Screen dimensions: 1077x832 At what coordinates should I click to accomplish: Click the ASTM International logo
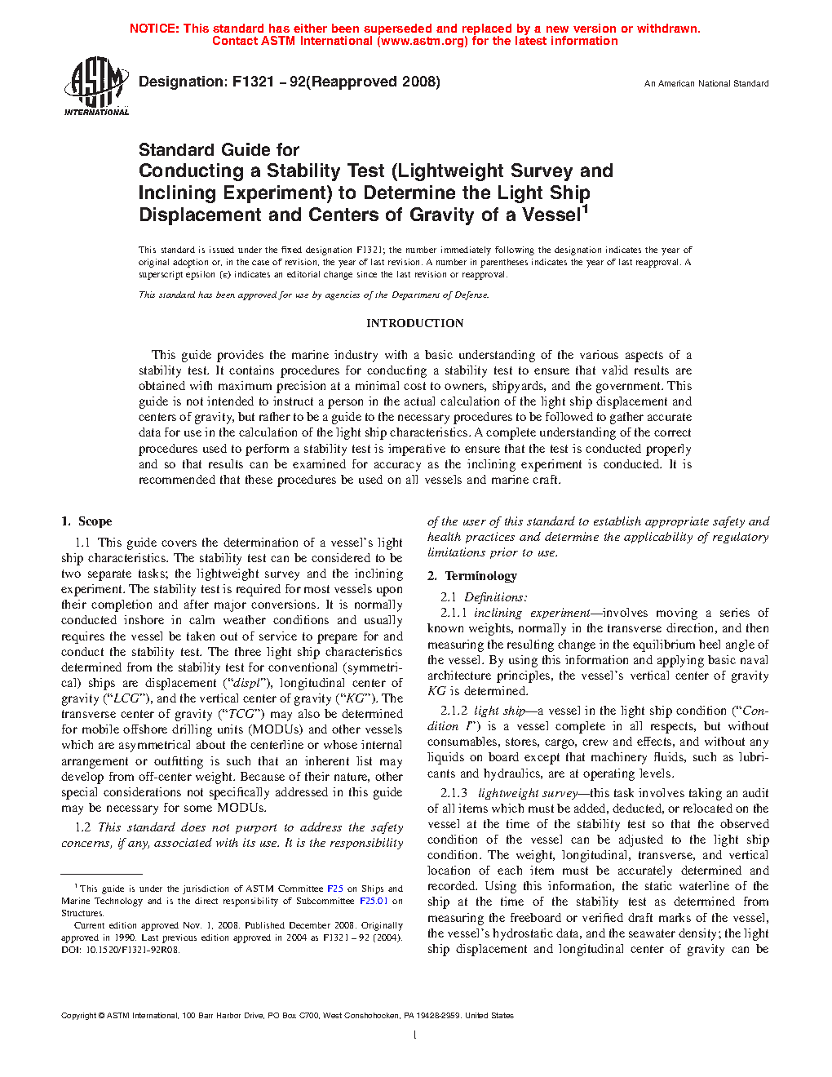(x=95, y=86)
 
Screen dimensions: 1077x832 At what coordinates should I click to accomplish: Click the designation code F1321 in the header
(x=253, y=82)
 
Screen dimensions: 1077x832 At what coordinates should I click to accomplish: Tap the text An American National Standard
(x=706, y=83)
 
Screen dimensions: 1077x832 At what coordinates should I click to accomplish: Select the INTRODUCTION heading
(x=414, y=323)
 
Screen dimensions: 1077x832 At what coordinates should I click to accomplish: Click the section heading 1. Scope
(x=86, y=521)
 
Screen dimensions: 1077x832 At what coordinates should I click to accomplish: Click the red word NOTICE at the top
(x=154, y=29)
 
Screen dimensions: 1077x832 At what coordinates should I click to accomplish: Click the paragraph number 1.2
(x=82, y=827)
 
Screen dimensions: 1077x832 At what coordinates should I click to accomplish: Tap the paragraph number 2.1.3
(x=454, y=793)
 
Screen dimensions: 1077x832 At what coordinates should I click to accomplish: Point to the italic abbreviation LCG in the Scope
(x=126, y=698)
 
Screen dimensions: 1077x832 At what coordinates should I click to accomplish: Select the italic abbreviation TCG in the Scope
(x=241, y=714)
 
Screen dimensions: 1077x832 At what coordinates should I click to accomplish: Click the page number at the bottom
(x=415, y=1035)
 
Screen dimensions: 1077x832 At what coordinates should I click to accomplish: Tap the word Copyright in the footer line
(x=78, y=1016)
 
